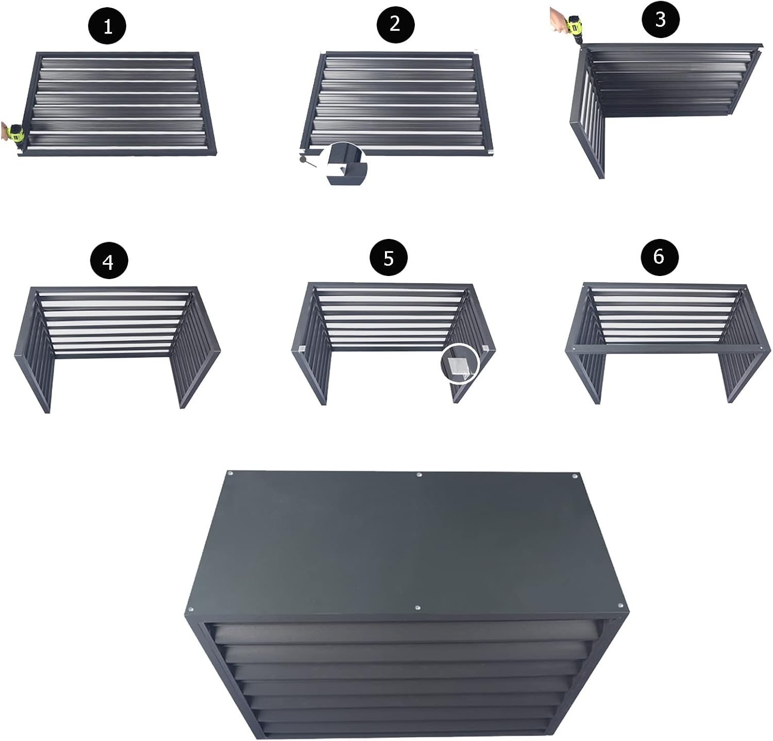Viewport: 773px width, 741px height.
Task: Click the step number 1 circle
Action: click(x=108, y=26)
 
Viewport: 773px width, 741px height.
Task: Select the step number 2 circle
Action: click(x=395, y=24)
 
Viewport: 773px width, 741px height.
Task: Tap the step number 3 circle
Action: click(x=660, y=20)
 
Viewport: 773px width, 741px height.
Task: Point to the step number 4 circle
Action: click(x=108, y=262)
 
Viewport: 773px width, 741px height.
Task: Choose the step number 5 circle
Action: click(x=389, y=257)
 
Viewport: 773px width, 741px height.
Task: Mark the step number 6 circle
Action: click(x=659, y=256)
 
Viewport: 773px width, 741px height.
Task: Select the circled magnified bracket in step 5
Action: click(x=460, y=364)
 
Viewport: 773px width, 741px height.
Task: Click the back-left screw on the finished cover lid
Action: click(x=230, y=473)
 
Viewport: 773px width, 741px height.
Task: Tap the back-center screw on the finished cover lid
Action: click(x=419, y=474)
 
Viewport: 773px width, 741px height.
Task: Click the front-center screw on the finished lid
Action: click(x=417, y=609)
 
